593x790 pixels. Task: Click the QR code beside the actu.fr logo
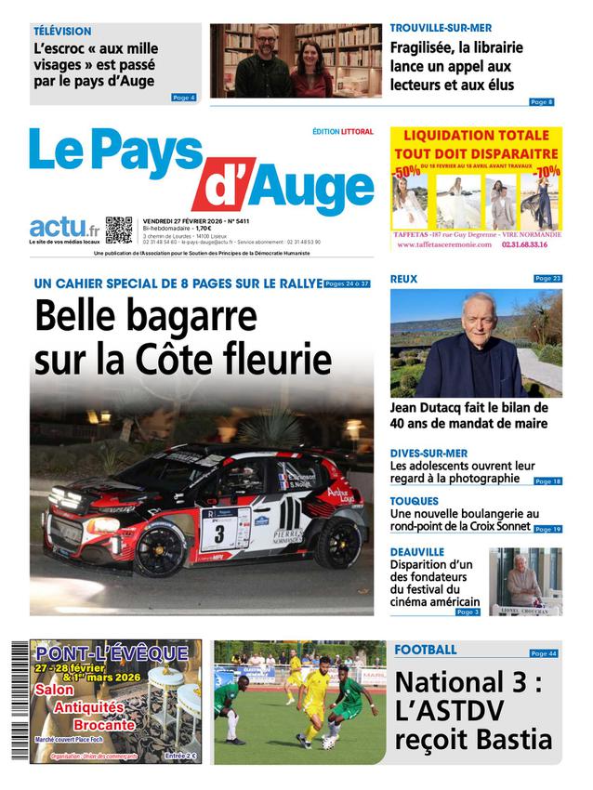[119, 230]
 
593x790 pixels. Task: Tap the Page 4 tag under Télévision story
[184, 97]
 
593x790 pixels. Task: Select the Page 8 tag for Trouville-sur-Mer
[541, 101]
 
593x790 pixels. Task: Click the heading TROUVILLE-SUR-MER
[441, 28]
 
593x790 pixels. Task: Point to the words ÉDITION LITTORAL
[343, 132]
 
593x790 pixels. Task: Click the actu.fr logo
[64, 228]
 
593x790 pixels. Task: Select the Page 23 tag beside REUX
[547, 278]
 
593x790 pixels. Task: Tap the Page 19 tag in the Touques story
[547, 529]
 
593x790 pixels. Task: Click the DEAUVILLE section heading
[417, 551]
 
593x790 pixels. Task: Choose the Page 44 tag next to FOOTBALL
[544, 653]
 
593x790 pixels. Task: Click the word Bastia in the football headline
[513, 740]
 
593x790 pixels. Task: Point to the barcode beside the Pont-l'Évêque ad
[20, 702]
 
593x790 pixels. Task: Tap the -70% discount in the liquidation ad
[547, 172]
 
